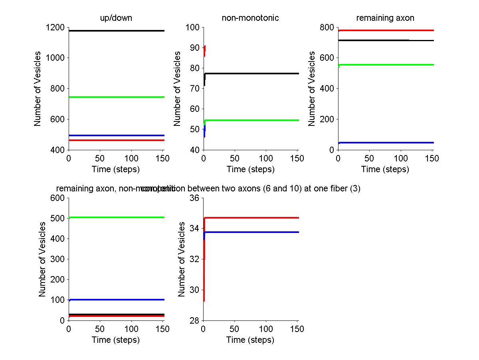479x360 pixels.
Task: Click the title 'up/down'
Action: [116, 18]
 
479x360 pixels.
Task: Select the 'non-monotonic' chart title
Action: [250, 18]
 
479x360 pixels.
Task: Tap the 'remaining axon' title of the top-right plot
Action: [385, 18]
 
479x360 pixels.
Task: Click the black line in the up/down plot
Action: [116, 31]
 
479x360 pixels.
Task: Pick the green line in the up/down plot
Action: [116, 97]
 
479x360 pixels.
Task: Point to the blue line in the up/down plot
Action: [116, 135]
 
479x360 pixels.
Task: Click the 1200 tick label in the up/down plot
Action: [55, 28]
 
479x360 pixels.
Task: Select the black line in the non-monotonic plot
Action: [251, 74]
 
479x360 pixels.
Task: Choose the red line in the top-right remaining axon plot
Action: [386, 30]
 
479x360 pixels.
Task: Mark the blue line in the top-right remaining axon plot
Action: [386, 143]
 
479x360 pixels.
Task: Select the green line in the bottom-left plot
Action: [116, 217]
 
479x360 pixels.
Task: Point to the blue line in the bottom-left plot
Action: [116, 300]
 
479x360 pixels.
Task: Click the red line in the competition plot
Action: [251, 218]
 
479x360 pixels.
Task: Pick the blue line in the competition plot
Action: [251, 232]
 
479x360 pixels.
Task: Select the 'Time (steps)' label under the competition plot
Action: [250, 340]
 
